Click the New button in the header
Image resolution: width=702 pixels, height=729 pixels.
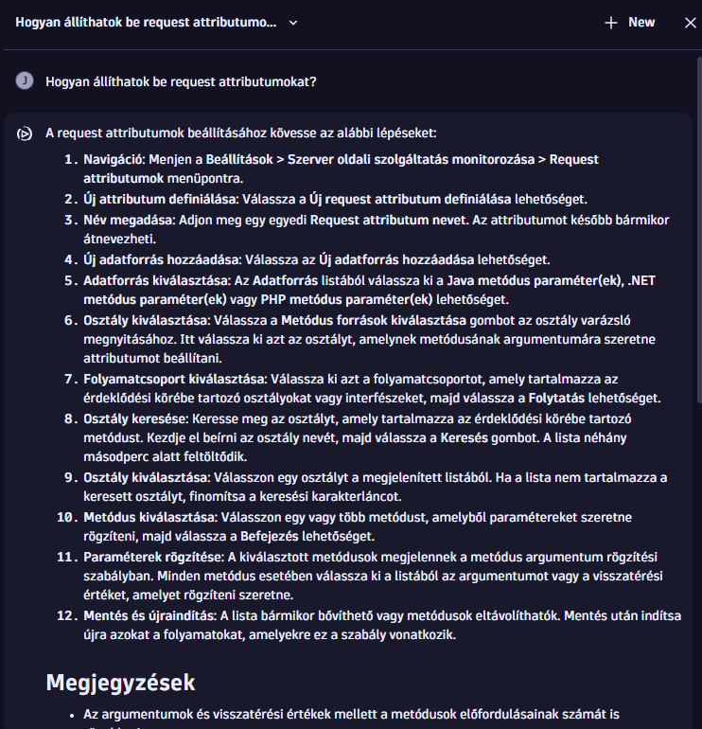click(630, 22)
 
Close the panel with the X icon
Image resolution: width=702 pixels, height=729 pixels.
click(690, 22)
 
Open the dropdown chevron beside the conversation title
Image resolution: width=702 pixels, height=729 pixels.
click(293, 22)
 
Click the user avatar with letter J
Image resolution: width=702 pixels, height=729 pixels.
click(25, 81)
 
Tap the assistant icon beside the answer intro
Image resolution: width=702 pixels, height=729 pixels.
click(25, 133)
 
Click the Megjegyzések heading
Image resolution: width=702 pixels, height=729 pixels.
click(120, 682)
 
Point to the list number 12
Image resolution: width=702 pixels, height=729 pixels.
click(65, 615)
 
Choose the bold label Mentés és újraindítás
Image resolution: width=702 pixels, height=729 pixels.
click(149, 615)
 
